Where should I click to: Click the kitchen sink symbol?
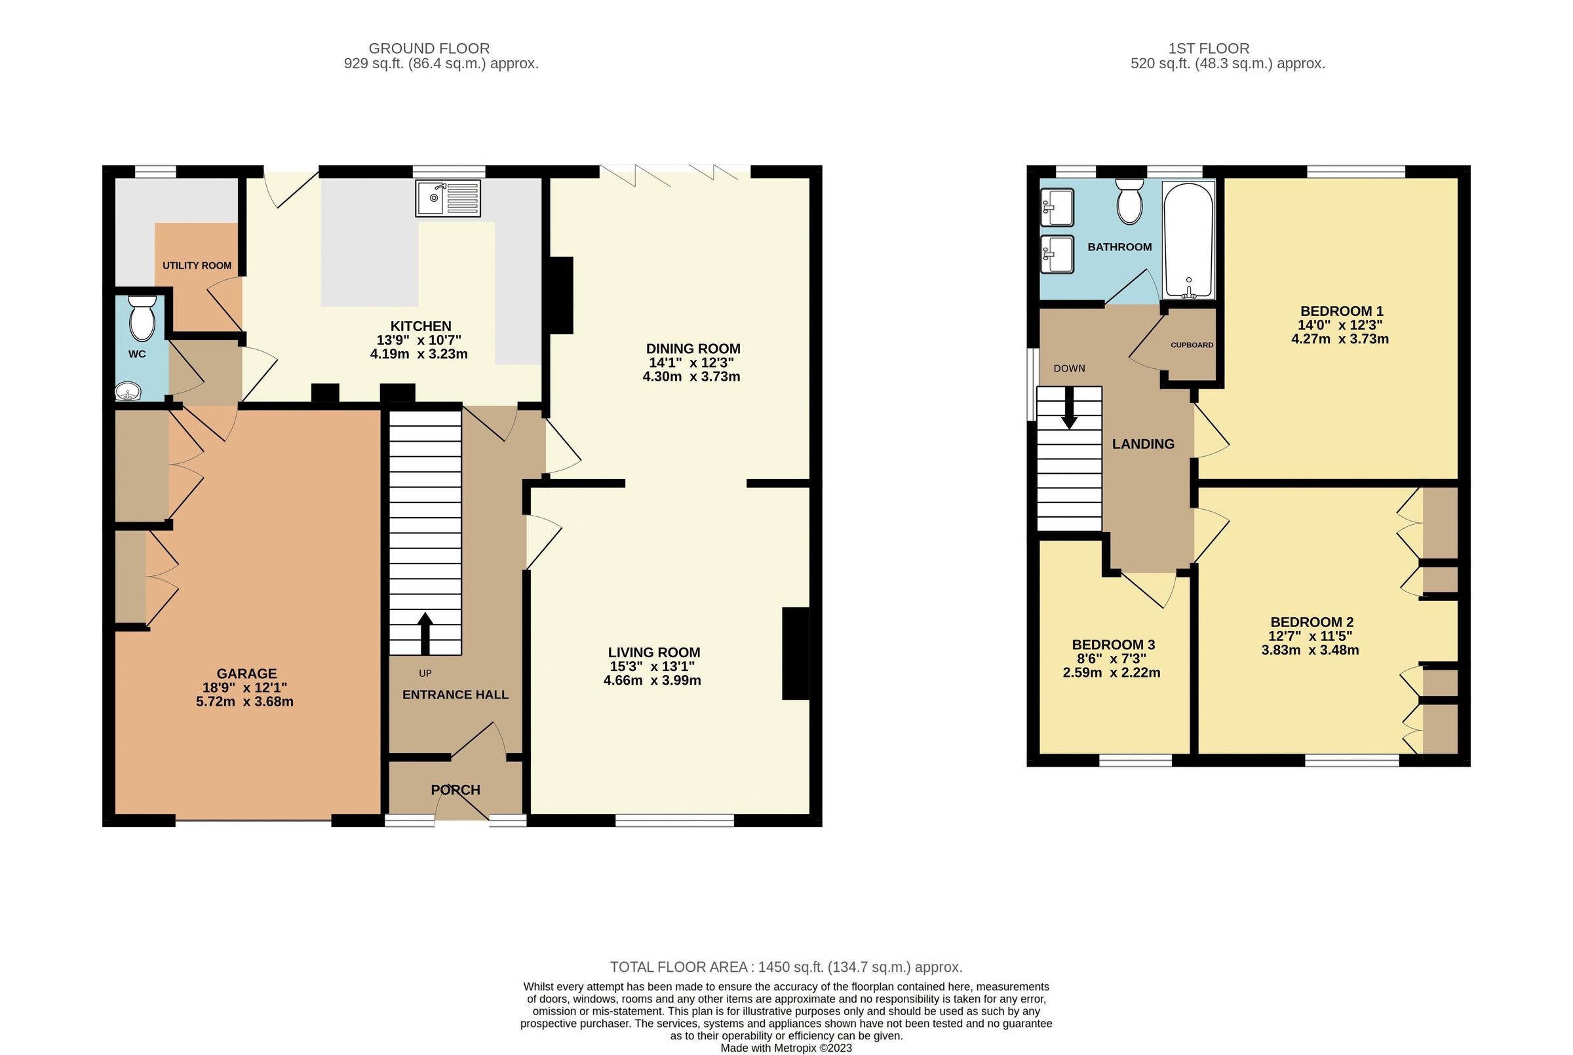click(x=448, y=199)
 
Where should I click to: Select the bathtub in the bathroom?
click(x=1188, y=241)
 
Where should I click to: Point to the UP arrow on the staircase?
click(x=425, y=632)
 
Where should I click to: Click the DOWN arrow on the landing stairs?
click(x=1069, y=411)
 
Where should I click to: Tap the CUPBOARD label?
click(x=1192, y=345)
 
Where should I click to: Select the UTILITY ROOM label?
click(x=197, y=266)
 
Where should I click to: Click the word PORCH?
click(x=456, y=790)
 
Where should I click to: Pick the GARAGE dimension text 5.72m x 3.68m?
click(x=245, y=702)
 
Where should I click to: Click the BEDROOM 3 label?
click(x=1114, y=645)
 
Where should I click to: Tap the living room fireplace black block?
click(x=795, y=653)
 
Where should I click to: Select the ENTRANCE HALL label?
click(x=455, y=695)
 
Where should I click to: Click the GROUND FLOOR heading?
click(x=429, y=48)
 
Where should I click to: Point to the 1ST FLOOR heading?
click(x=1209, y=48)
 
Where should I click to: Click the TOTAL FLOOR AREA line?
click(x=786, y=967)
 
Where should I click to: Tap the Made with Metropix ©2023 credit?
click(x=786, y=1048)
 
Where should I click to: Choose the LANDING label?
click(x=1142, y=444)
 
